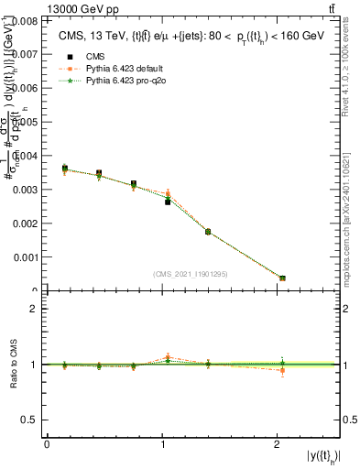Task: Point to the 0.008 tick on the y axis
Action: pyautogui.click(x=27, y=19)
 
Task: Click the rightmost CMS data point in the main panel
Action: pyautogui.click(x=282, y=278)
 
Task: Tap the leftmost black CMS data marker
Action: pyautogui.click(x=64, y=169)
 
